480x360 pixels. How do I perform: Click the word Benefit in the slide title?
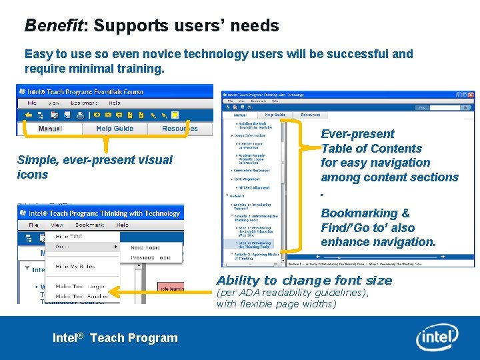[x=51, y=26]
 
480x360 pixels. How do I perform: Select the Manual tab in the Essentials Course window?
[x=50, y=129]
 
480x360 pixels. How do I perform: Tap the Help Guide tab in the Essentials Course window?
[x=115, y=129]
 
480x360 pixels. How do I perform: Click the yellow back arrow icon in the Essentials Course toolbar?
[x=28, y=115]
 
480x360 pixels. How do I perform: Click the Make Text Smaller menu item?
[x=81, y=296]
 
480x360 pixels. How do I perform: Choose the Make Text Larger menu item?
[x=81, y=286]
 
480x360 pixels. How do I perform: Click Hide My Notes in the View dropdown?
[x=75, y=266]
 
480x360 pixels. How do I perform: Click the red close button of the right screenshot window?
[x=470, y=95]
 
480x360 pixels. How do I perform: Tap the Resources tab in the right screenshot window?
[x=310, y=115]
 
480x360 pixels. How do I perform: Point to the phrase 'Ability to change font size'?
[x=304, y=281]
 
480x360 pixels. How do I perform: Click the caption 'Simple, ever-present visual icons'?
[x=94, y=167]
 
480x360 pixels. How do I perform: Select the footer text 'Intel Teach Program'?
[x=115, y=338]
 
